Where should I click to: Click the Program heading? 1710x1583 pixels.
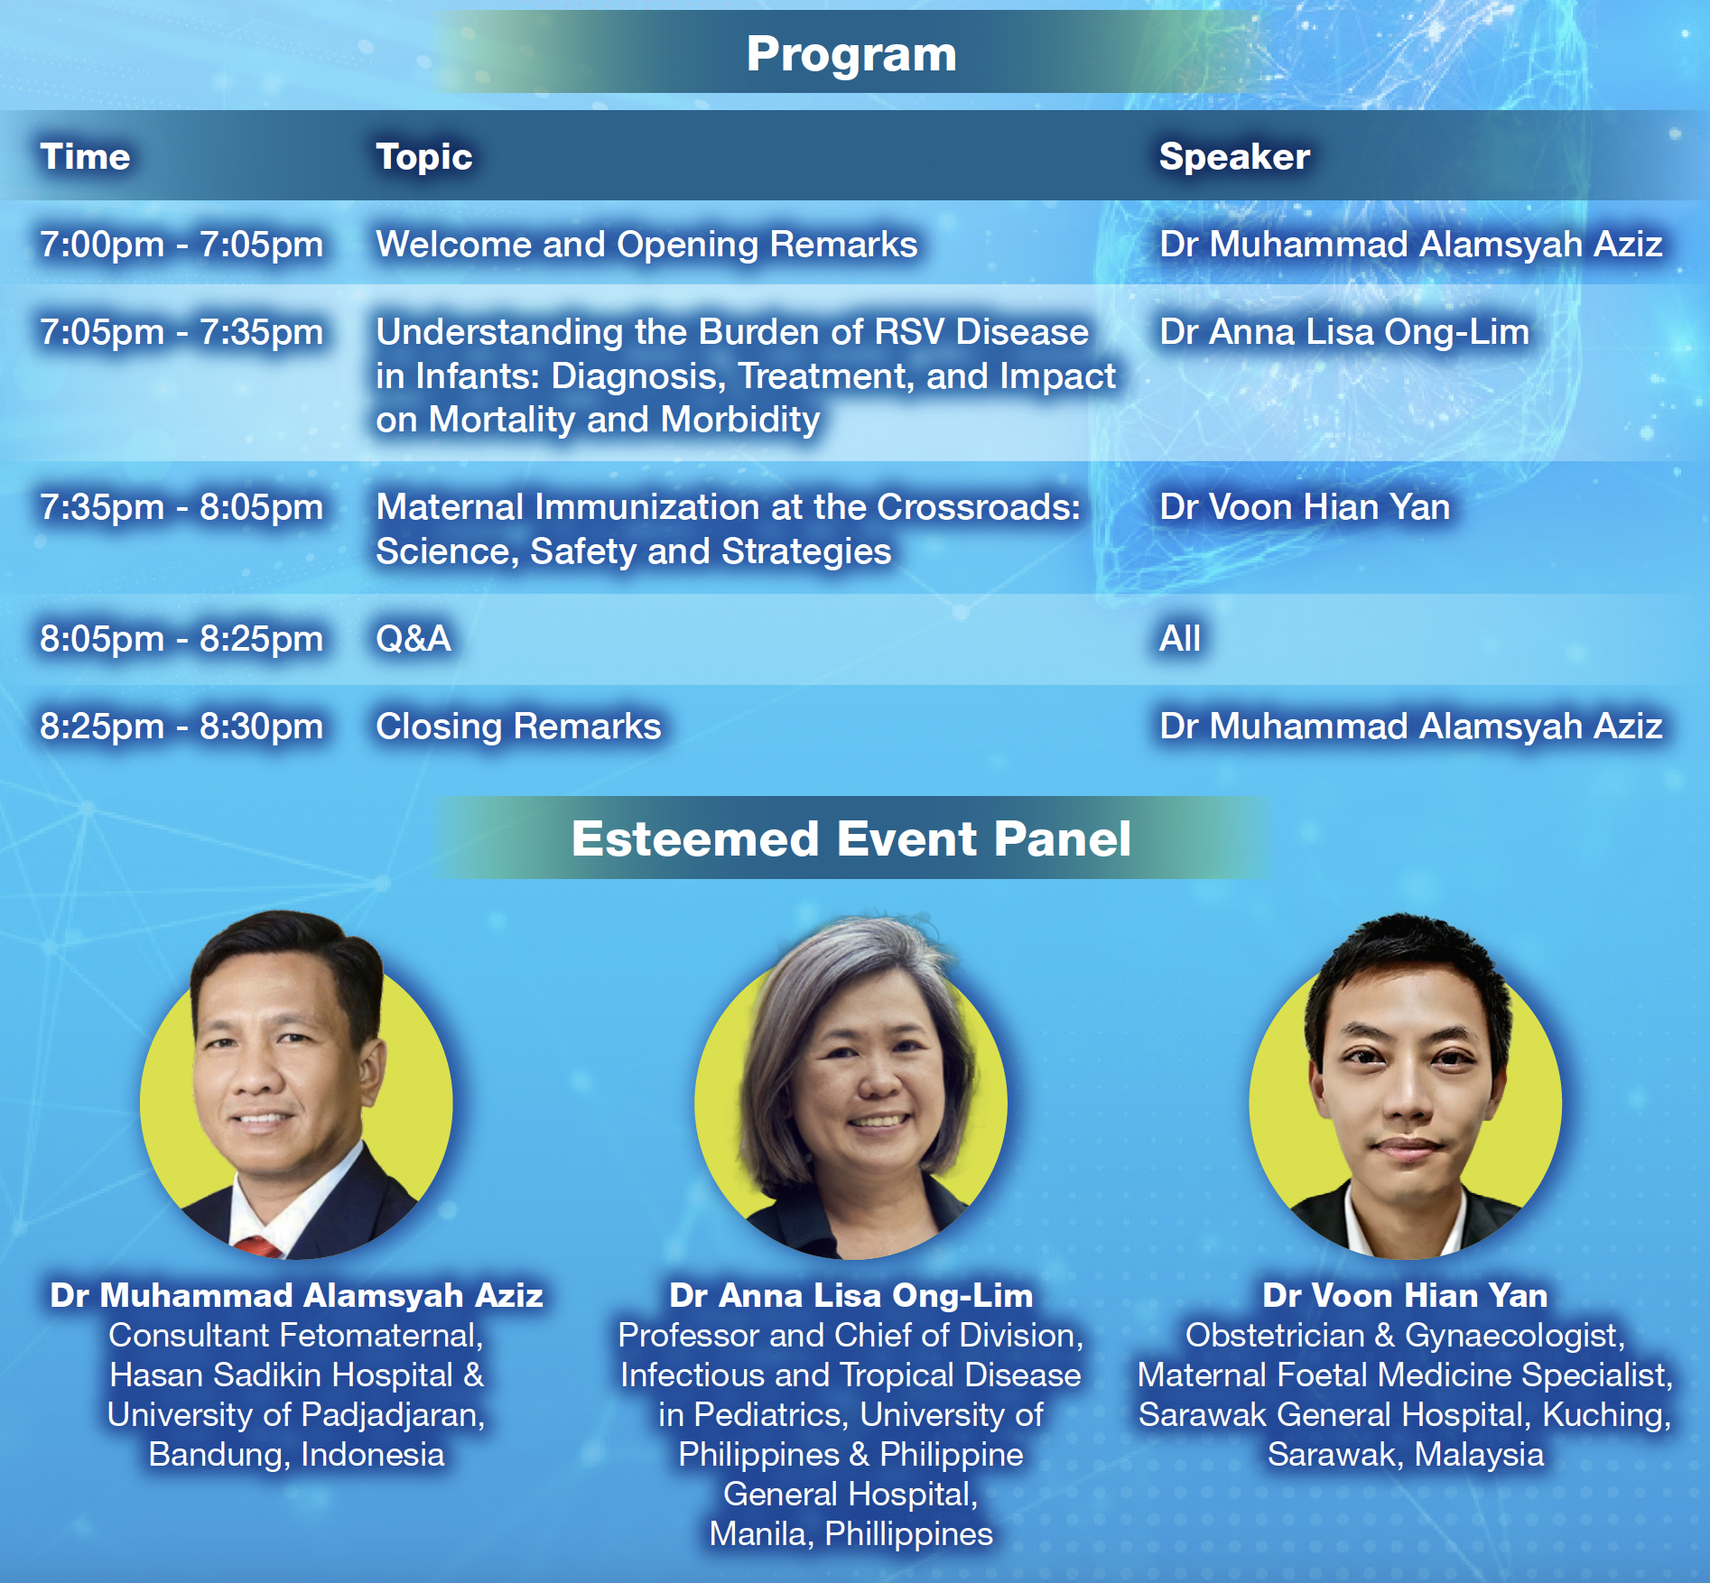coord(851,55)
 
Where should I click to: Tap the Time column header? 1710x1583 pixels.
coord(85,157)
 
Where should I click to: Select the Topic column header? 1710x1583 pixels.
coord(424,158)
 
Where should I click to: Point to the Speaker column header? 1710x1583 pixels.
coord(1234,157)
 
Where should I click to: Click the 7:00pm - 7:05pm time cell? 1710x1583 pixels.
coord(181,245)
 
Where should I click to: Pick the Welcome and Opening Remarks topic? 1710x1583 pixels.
coord(646,245)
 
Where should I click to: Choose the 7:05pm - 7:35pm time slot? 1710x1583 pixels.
coord(181,332)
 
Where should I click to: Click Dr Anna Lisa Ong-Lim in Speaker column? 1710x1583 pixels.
coord(1344,333)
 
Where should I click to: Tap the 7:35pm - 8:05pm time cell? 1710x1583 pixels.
coord(181,507)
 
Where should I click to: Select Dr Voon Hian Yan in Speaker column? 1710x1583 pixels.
coord(1305,507)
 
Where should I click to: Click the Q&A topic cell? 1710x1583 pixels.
coord(414,639)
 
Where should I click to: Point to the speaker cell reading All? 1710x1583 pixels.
coord(1180,639)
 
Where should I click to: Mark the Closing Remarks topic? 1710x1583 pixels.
coord(518,727)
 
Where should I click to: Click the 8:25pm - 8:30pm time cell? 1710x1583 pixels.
coord(181,727)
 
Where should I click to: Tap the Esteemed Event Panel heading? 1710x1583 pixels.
coord(851,839)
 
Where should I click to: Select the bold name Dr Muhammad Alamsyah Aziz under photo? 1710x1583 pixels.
coord(296,1296)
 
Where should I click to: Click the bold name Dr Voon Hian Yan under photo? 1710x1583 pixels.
coord(1405,1296)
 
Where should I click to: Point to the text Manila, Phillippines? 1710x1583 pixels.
coord(851,1534)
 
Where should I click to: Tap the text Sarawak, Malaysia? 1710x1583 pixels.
coord(1406,1455)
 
